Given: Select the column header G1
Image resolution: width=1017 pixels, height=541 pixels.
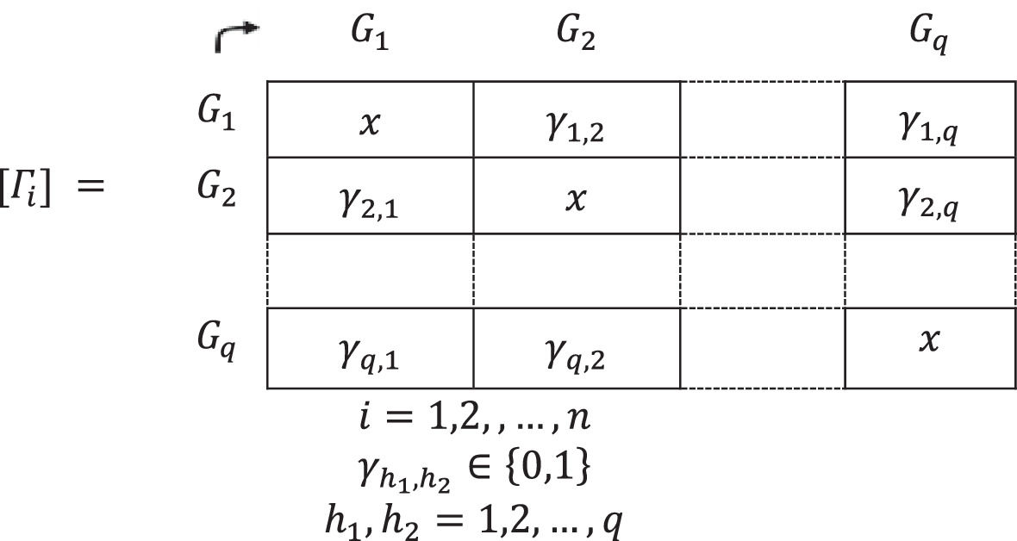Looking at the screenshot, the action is (369, 37).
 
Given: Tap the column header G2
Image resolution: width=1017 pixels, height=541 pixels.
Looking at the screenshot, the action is (576, 37).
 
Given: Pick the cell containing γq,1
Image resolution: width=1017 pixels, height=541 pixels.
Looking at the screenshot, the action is (369, 352).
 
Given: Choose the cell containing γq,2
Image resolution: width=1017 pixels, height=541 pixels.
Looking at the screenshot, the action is (576, 352).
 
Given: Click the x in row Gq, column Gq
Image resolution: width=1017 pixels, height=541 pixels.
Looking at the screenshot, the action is (929, 341).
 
